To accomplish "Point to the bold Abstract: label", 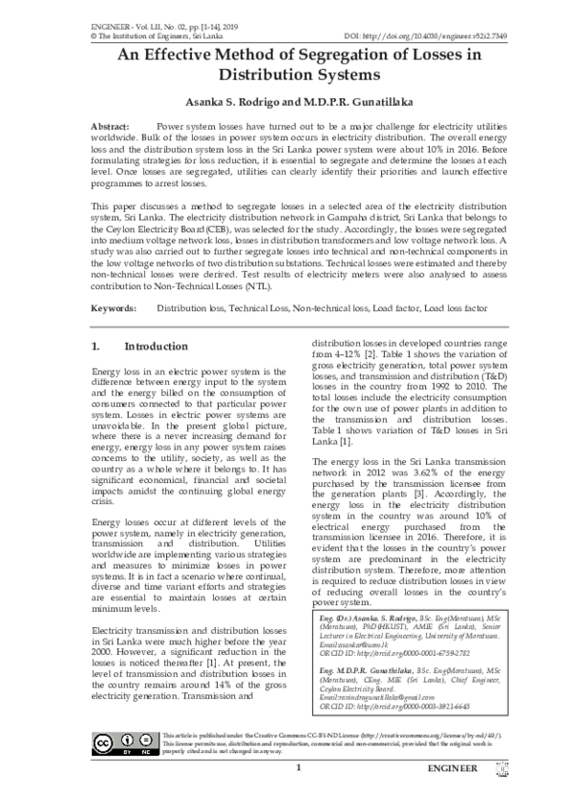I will (x=111, y=126).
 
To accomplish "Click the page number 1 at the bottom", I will (x=299, y=768).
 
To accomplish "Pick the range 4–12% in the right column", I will (x=351, y=353).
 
